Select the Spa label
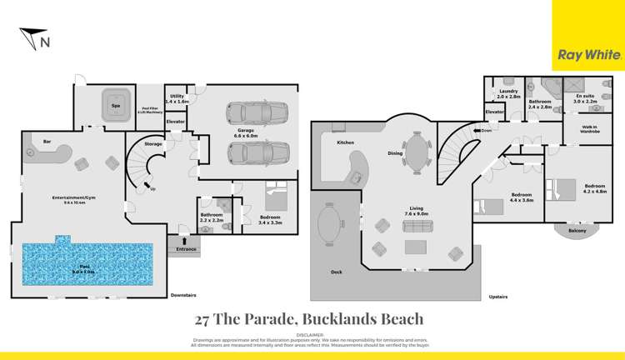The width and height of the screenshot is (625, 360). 112,94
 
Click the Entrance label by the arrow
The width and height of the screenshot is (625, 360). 183,249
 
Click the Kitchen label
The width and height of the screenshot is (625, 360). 346,142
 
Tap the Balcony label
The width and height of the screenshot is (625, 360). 577,231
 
